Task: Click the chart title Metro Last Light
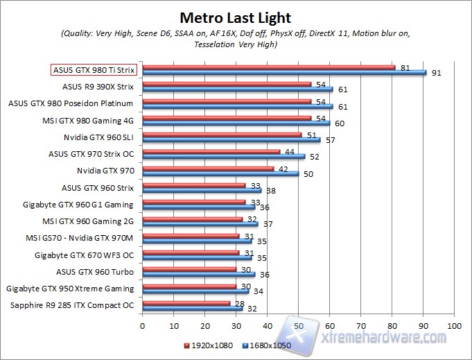coord(236,17)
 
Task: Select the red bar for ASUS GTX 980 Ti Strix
coord(268,67)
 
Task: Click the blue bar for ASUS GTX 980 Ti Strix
coord(284,72)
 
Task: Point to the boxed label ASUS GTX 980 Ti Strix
coord(94,70)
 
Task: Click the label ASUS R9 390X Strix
coord(98,87)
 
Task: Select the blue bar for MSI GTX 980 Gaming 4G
coord(236,123)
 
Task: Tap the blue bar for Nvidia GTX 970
coord(220,173)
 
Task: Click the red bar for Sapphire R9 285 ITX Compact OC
coord(186,302)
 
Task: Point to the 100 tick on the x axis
coord(454,325)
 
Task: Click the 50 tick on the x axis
coord(298,325)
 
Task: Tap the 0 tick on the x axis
coord(142,325)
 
